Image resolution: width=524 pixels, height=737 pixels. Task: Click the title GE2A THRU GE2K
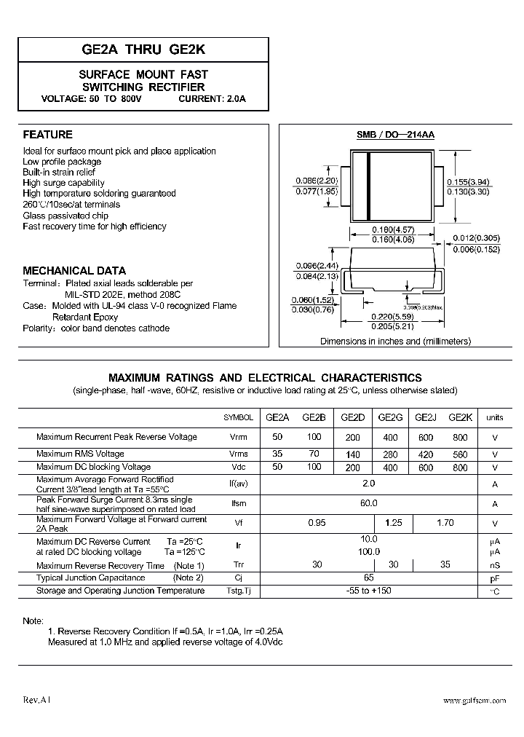tap(143, 50)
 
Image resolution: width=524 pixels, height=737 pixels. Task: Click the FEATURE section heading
tap(48, 135)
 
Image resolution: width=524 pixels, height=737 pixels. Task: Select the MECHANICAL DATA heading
tap(74, 270)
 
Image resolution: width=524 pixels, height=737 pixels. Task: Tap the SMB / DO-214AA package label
tap(394, 135)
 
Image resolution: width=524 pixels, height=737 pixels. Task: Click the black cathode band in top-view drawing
tap(369, 187)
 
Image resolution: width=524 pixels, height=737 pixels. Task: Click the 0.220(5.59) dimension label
tap(396, 318)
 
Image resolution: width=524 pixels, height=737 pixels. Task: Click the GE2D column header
tap(352, 418)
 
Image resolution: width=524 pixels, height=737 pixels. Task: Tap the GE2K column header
tap(460, 418)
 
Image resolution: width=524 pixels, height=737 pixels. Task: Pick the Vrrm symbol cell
tap(238, 438)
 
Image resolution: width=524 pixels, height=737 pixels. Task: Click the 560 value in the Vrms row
tap(460, 454)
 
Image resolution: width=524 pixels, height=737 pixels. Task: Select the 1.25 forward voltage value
tap(393, 523)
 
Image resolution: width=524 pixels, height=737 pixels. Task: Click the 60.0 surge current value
tap(369, 503)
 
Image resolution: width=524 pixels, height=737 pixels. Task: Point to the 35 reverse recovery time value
tap(445, 564)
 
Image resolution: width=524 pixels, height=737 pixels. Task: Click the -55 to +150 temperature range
tap(369, 591)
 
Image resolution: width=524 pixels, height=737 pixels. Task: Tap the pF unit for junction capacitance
tap(495, 578)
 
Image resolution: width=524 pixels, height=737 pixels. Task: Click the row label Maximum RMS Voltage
tap(80, 454)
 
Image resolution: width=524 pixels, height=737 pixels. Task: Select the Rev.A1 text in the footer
tap(37, 699)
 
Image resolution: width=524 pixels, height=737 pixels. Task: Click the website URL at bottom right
tap(474, 700)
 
